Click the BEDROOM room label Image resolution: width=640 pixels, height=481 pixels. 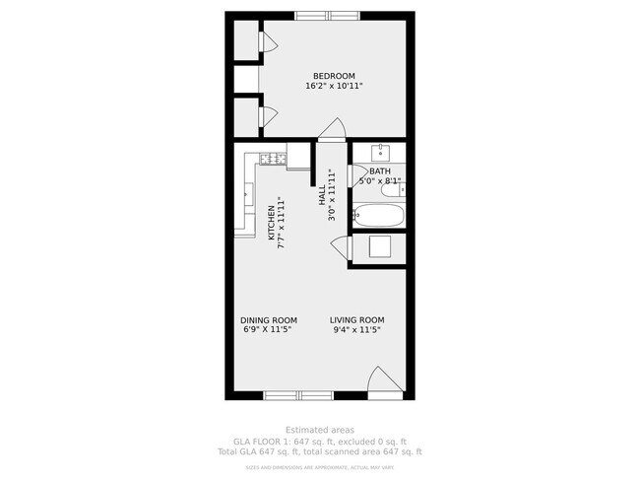[334, 76]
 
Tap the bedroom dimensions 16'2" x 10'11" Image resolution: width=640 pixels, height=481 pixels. [334, 87]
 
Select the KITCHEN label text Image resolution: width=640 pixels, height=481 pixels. [272, 222]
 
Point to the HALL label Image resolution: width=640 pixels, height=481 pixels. [322, 195]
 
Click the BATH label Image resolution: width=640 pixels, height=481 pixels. [379, 172]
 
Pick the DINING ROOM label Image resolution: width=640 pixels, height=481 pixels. [269, 320]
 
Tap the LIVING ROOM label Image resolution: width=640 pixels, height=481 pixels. [356, 320]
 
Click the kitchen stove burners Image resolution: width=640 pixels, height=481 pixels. [273, 159]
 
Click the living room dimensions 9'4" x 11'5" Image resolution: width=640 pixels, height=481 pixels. [356, 331]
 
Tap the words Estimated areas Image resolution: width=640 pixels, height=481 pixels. [319, 430]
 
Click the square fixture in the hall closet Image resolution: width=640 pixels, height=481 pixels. [381, 246]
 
